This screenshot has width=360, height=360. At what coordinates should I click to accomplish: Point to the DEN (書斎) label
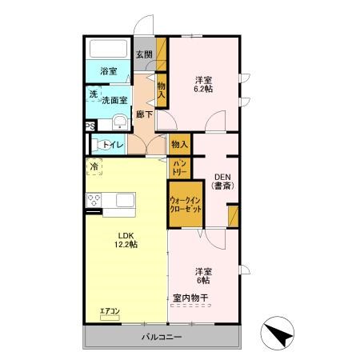click(x=221, y=182)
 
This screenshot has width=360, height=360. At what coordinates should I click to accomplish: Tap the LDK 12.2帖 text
click(x=126, y=239)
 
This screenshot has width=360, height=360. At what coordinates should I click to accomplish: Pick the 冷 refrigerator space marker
click(x=94, y=167)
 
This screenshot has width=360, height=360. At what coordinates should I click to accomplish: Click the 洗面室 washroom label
click(x=114, y=103)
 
